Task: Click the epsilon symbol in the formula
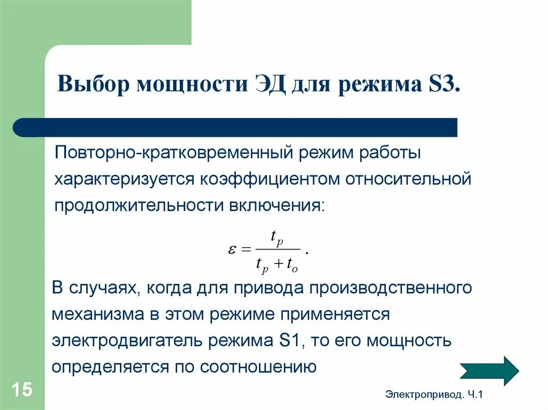(233, 250)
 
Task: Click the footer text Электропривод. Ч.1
(433, 394)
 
